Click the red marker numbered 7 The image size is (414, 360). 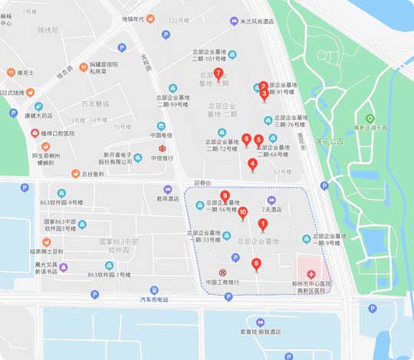pyautogui.click(x=219, y=74)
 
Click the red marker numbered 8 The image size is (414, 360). pyautogui.click(x=256, y=265)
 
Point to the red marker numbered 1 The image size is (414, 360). pyautogui.click(x=262, y=224)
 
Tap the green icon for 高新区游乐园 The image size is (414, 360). pyautogui.click(x=370, y=119)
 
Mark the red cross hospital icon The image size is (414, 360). pyautogui.click(x=311, y=274)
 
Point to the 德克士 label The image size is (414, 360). pyautogui.click(x=26, y=73)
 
